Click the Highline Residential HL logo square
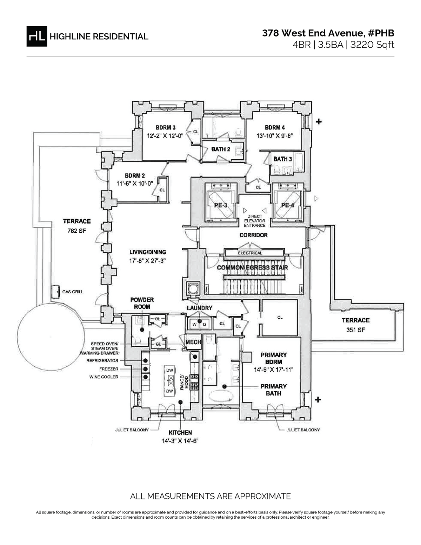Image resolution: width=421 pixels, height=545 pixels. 36,36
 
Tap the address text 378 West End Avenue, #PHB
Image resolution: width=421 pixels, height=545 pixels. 328,33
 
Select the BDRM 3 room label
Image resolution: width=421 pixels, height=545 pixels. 166,127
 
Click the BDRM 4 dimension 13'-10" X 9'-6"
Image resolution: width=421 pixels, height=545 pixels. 274,135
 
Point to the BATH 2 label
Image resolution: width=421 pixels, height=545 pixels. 220,149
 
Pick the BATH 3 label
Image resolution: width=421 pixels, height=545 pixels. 282,159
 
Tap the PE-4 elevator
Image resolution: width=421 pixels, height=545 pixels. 287,205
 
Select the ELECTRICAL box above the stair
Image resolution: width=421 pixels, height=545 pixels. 250,253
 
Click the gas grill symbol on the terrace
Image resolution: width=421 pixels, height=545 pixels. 55,291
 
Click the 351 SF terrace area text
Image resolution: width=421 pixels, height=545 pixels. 356,330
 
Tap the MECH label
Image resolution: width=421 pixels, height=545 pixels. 193,342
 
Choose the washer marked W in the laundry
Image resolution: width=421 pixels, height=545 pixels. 194,325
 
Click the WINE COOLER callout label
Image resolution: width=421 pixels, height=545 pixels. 104,377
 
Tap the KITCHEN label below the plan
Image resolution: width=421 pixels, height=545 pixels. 180,433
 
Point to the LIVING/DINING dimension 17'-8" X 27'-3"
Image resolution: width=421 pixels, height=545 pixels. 147,261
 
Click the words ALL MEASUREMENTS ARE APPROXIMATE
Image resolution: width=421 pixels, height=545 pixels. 210,496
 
